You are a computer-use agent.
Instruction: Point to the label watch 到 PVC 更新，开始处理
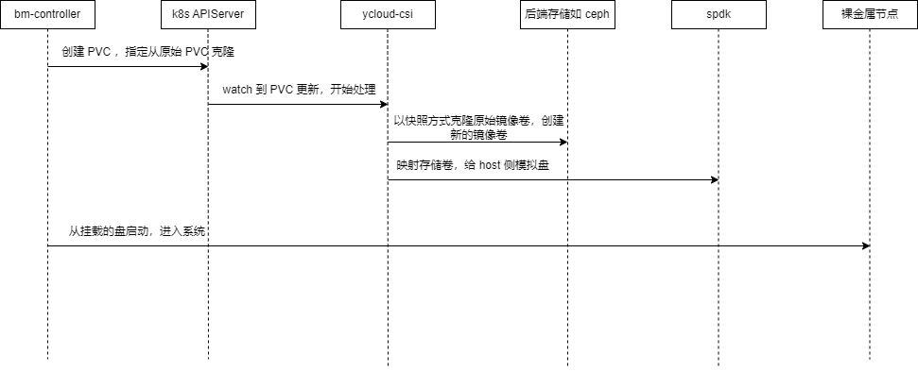(x=299, y=90)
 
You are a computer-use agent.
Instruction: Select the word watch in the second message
(x=236, y=90)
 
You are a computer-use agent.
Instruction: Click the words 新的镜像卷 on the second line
(x=479, y=135)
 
